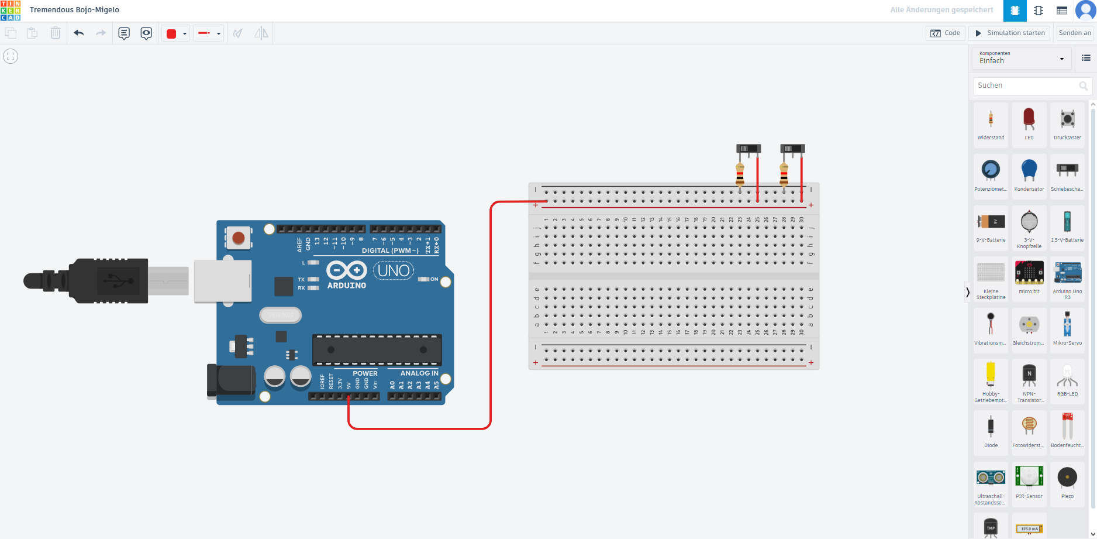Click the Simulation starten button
coord(1010,33)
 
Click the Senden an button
coord(1074,33)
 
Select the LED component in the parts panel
coord(1029,122)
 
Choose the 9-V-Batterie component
coord(991,224)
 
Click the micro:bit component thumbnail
coord(1029,275)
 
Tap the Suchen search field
coord(1026,85)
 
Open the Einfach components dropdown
coord(1021,59)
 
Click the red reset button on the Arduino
coord(238,238)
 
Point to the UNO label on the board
coord(394,270)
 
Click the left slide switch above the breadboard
coord(748,149)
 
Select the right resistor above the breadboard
coord(784,174)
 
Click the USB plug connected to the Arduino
coord(105,281)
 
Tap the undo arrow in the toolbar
coord(79,33)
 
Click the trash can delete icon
coord(55,33)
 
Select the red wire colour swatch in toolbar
coord(171,34)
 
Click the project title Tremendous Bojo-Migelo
coord(74,10)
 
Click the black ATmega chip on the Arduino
coord(377,350)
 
